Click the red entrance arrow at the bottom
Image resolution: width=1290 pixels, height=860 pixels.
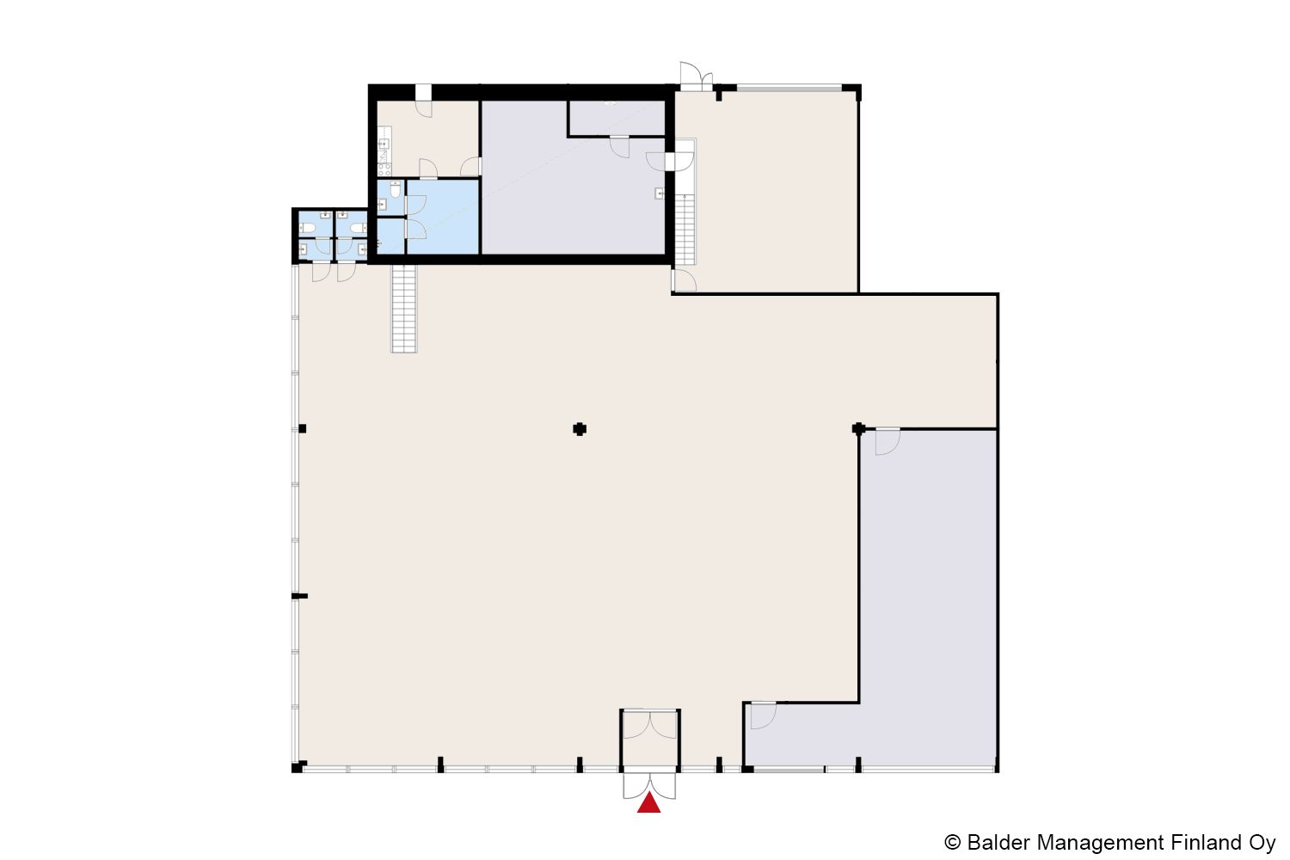(x=648, y=803)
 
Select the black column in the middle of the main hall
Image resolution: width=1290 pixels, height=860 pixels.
(x=580, y=429)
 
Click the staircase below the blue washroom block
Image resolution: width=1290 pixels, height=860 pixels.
(x=403, y=308)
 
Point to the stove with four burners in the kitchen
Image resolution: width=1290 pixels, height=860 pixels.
(x=384, y=169)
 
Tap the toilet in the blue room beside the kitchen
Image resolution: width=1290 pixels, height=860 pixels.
(x=395, y=189)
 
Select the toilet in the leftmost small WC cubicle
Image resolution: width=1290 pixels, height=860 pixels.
(x=306, y=229)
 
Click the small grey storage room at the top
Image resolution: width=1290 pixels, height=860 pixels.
(x=617, y=118)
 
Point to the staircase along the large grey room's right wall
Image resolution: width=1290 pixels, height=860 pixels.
(x=685, y=230)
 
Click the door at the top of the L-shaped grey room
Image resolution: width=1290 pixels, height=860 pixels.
(x=888, y=442)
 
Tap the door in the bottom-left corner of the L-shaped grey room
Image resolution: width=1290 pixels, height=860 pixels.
(x=763, y=716)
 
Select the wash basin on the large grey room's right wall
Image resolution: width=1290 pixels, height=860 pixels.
(x=660, y=193)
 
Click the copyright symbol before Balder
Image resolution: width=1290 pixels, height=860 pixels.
(x=953, y=843)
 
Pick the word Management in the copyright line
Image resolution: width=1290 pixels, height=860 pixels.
(x=1101, y=844)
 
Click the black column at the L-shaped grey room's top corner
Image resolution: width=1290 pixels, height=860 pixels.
(x=858, y=428)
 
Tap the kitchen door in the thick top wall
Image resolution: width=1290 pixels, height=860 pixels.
(x=423, y=100)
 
